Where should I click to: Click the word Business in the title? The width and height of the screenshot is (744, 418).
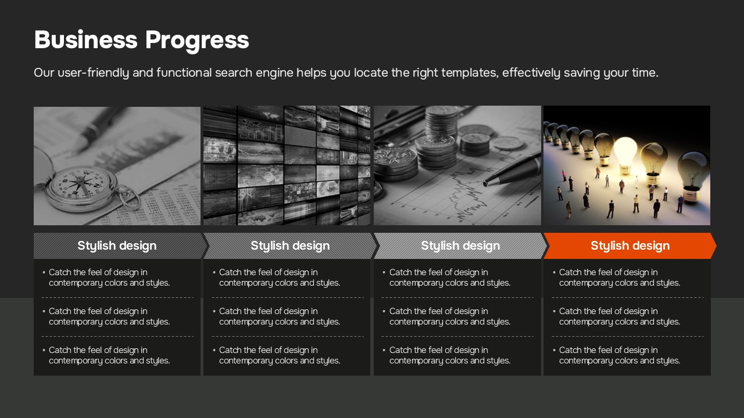point(85,40)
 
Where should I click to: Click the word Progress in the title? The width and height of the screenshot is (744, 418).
point(197,41)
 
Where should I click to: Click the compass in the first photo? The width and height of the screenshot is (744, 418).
point(81,188)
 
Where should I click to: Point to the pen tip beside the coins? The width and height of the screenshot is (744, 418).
point(486,183)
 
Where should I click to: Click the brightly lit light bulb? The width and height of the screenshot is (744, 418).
point(625,155)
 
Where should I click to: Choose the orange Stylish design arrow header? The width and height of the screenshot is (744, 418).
point(630,246)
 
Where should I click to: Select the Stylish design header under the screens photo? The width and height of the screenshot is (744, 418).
point(290,246)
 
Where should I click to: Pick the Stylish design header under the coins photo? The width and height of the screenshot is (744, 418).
point(460,246)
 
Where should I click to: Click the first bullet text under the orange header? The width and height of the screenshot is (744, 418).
point(620,278)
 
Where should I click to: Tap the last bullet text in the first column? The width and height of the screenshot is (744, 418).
point(109,355)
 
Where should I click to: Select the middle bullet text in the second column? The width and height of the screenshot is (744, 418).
point(280,316)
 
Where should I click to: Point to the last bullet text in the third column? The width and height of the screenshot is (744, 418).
point(450,355)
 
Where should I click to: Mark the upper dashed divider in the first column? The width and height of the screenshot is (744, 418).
point(117,298)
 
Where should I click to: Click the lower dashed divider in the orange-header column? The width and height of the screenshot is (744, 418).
point(628,336)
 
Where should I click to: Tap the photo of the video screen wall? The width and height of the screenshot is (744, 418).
point(287,165)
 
